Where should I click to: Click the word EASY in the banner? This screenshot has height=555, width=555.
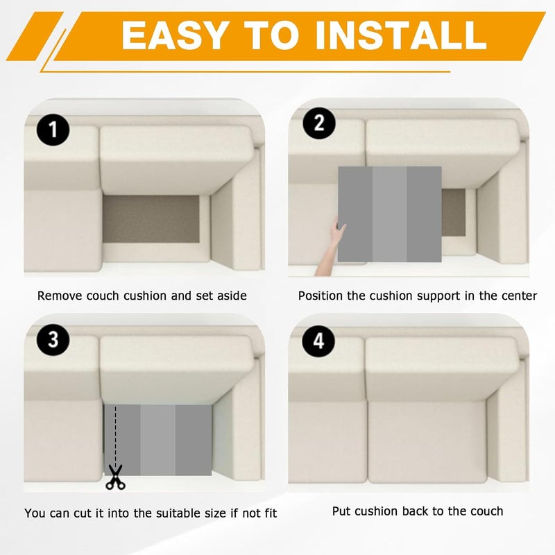tap(174, 35)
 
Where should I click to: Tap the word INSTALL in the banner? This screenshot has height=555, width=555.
tap(402, 35)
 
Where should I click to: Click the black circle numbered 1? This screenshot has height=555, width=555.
tap(53, 129)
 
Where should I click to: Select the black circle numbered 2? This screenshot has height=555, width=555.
tap(319, 123)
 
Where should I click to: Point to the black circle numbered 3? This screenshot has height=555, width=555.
tap(53, 339)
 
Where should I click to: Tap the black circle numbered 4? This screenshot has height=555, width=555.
tap(318, 341)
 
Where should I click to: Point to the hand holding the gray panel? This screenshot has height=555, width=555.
tap(331, 246)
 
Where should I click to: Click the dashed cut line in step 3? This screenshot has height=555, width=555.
tap(115, 436)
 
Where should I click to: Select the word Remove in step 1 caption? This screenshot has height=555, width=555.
tap(60, 296)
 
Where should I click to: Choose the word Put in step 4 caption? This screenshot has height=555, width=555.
tap(341, 511)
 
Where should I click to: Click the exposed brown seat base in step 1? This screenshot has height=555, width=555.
tap(151, 219)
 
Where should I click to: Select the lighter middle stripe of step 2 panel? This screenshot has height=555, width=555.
tap(389, 214)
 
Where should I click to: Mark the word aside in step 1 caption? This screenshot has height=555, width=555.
tap(232, 296)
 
